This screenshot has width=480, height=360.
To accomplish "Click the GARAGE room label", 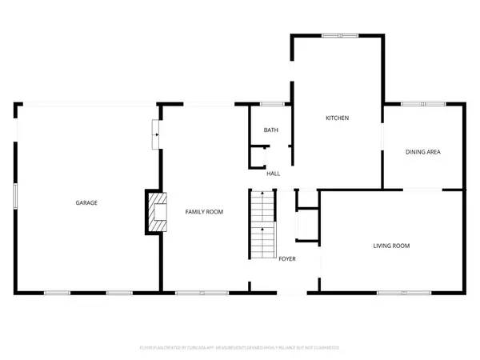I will click(x=86, y=203).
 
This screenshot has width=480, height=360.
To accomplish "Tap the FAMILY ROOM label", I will click(x=204, y=212).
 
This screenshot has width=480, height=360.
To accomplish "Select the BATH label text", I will click(x=271, y=130).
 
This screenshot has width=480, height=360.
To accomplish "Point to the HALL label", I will click(x=273, y=174).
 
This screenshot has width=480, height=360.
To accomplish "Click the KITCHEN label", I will click(x=337, y=118).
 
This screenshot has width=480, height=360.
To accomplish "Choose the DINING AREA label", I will click(x=423, y=152).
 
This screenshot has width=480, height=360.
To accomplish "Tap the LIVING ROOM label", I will click(x=391, y=246).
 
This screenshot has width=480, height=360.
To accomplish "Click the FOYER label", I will click(x=287, y=258).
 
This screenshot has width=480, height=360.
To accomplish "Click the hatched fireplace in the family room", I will click(x=158, y=212).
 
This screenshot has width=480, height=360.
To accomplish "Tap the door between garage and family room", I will click(x=156, y=134).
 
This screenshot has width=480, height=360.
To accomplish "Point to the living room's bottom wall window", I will click(x=392, y=293).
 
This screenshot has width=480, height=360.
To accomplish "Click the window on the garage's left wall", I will click(x=15, y=196).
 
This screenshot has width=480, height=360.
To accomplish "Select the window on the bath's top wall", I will click(x=273, y=103).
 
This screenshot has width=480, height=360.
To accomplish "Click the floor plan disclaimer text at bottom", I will click(x=240, y=348).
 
